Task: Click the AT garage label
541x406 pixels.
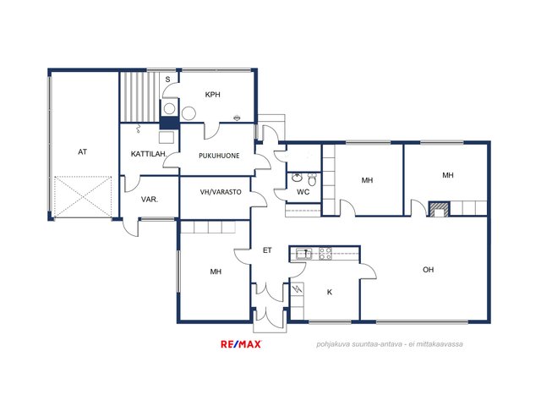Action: pyautogui.click(x=83, y=152)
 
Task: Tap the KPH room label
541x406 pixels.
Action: pyautogui.click(x=212, y=95)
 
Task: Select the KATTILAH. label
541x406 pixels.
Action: pyautogui.click(x=149, y=154)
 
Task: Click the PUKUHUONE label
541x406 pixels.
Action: pyautogui.click(x=219, y=156)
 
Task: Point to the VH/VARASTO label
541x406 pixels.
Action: pyautogui.click(x=221, y=192)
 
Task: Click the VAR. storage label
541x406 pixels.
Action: pyautogui.click(x=150, y=200)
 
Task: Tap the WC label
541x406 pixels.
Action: pyautogui.click(x=303, y=192)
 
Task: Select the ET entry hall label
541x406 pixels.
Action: pyautogui.click(x=267, y=250)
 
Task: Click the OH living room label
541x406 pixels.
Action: pyautogui.click(x=429, y=270)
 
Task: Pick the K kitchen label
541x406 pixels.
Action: pyautogui.click(x=330, y=292)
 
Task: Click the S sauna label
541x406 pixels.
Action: pyautogui.click(x=167, y=80)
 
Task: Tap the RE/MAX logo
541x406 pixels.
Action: pyautogui.click(x=241, y=344)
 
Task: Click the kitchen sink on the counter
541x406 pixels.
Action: pyautogui.click(x=303, y=254)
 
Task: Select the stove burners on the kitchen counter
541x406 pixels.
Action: pyautogui.click(x=325, y=254)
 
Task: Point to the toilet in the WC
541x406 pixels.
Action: pyautogui.click(x=312, y=179)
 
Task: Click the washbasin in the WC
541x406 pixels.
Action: pyautogui.click(x=297, y=178)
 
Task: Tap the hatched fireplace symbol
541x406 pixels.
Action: pyautogui.click(x=440, y=209)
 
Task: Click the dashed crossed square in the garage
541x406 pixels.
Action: pyautogui.click(x=83, y=197)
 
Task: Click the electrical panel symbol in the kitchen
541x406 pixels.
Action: pyautogui.click(x=297, y=289)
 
